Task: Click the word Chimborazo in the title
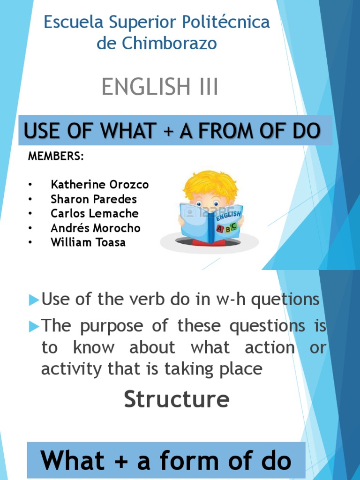pyautogui.click(x=170, y=44)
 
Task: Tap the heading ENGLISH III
pyautogui.click(x=160, y=87)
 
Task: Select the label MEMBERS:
pyautogui.click(x=56, y=157)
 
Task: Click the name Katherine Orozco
pyautogui.click(x=99, y=185)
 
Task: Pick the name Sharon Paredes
pyautogui.click(x=94, y=199)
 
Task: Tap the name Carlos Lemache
pyautogui.click(x=95, y=214)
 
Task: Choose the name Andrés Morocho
pyautogui.click(x=96, y=228)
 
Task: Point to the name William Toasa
pyautogui.click(x=88, y=243)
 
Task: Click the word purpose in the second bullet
pyautogui.click(x=111, y=325)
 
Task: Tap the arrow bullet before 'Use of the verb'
pyautogui.click(x=33, y=300)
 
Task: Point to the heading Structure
pyautogui.click(x=176, y=399)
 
